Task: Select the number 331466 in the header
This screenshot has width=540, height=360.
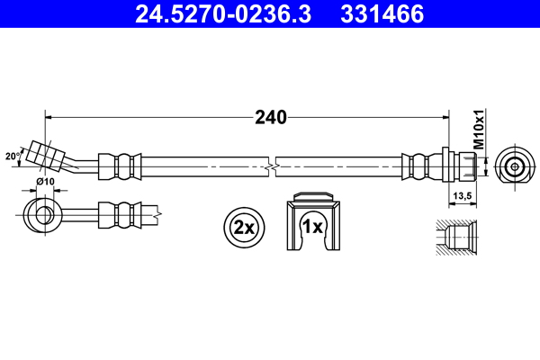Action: pyautogui.click(x=379, y=14)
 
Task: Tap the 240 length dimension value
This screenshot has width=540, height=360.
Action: pyautogui.click(x=269, y=116)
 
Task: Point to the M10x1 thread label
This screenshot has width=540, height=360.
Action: pyautogui.click(x=479, y=131)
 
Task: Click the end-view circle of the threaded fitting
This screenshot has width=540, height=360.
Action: pyautogui.click(x=514, y=166)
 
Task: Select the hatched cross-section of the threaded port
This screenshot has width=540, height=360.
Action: pyautogui.click(x=459, y=238)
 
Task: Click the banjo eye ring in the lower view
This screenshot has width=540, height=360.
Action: pyautogui.click(x=41, y=214)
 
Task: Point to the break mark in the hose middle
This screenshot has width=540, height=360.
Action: pyautogui.click(x=272, y=166)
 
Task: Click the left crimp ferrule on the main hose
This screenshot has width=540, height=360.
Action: pyautogui.click(x=120, y=166)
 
